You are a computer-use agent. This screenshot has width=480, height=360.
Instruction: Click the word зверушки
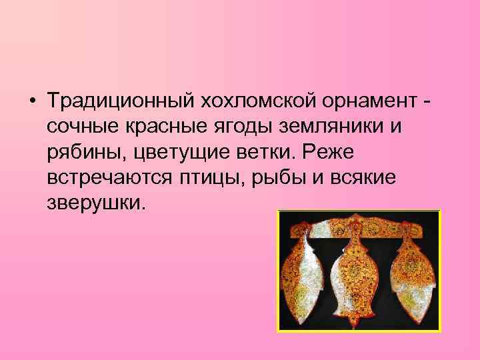95,202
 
